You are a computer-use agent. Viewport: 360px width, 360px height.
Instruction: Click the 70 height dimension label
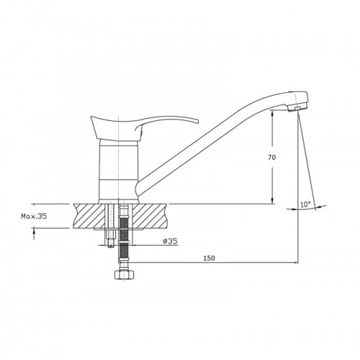tap(272, 158)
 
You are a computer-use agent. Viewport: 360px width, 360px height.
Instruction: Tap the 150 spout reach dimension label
tap(209, 258)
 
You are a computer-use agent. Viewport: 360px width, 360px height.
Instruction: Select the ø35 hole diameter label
tap(170, 241)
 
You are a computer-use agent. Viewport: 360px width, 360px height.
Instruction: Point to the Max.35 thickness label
tap(34, 216)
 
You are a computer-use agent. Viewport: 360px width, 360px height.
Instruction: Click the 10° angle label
tap(305, 204)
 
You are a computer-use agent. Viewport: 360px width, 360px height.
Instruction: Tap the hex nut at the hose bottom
tap(125, 275)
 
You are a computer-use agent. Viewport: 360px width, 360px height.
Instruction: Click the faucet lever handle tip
tap(197, 121)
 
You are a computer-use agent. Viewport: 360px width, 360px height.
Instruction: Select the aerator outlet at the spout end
tap(297, 109)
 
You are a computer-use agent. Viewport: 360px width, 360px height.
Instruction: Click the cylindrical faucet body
tap(119, 172)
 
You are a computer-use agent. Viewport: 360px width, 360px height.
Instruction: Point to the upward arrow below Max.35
tap(34, 233)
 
